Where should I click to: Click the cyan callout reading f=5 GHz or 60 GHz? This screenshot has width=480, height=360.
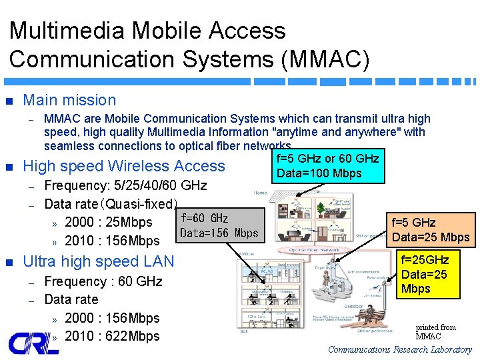point(327,166)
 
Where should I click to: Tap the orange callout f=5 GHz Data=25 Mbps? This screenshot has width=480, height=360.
point(431,229)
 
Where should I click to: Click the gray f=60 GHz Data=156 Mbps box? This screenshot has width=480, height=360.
point(219,225)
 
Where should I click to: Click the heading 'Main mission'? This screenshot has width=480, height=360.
point(69,100)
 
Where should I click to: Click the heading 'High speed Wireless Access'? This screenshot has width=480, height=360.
point(124,166)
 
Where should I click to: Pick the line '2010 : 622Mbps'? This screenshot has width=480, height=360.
point(113,336)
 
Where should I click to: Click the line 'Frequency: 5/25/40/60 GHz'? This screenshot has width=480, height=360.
point(125,185)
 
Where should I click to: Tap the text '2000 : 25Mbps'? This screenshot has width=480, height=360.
point(109,222)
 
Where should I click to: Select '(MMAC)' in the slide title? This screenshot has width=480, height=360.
point(325,59)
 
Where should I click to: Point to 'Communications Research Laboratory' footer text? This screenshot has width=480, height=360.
point(400,349)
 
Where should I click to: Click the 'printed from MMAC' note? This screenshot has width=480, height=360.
point(435,331)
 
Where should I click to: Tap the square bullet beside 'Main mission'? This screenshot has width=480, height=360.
point(9,101)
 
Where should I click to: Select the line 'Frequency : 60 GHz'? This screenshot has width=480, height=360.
point(103,281)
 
